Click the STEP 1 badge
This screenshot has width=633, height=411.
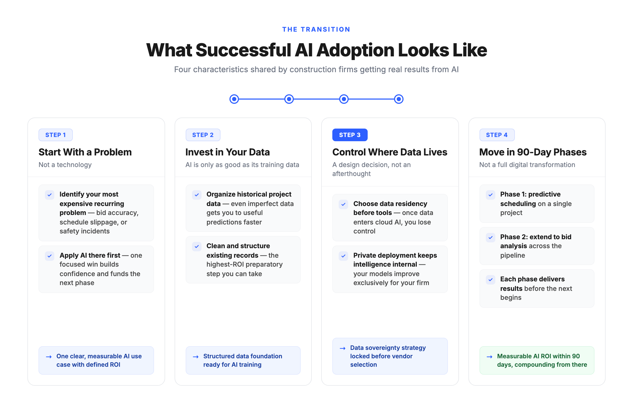55,135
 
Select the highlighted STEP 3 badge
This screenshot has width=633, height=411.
349,135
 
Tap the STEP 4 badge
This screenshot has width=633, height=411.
497,135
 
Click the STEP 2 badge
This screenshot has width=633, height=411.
203,135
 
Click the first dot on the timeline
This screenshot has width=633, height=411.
234,99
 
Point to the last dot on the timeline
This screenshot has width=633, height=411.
399,99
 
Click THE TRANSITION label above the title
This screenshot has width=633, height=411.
316,29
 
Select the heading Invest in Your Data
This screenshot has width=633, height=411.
227,152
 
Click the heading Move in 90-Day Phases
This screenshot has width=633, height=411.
533,152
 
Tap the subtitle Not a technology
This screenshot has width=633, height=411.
65,165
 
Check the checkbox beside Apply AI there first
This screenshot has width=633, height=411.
50,256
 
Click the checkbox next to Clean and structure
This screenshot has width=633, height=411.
196,247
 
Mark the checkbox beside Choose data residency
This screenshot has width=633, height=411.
343,204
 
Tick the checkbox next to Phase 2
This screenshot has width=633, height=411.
490,238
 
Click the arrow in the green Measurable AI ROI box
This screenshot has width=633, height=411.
489,357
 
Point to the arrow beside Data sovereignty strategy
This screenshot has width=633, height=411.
343,348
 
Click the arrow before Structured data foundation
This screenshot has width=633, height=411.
195,357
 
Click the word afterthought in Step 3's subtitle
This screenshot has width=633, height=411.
351,174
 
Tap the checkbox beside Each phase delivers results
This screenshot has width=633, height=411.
490,280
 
